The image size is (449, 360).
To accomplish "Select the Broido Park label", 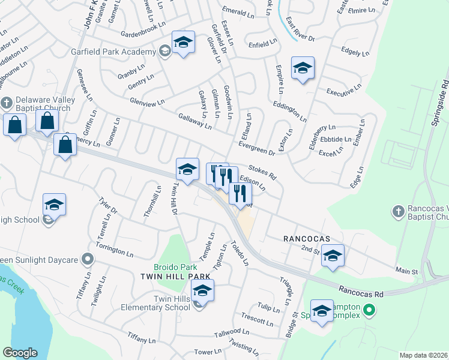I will point(175,266).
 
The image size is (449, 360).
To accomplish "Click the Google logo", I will point(20,353).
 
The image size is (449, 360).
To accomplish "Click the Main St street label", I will point(406,272).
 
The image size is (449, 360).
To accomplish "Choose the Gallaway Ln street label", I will point(194,122).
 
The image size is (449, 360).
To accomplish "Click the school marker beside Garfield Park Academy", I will point(184,43).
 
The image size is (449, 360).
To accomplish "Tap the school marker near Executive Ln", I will point(303,68).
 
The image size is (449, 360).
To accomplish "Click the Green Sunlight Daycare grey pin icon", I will point(88,260).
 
